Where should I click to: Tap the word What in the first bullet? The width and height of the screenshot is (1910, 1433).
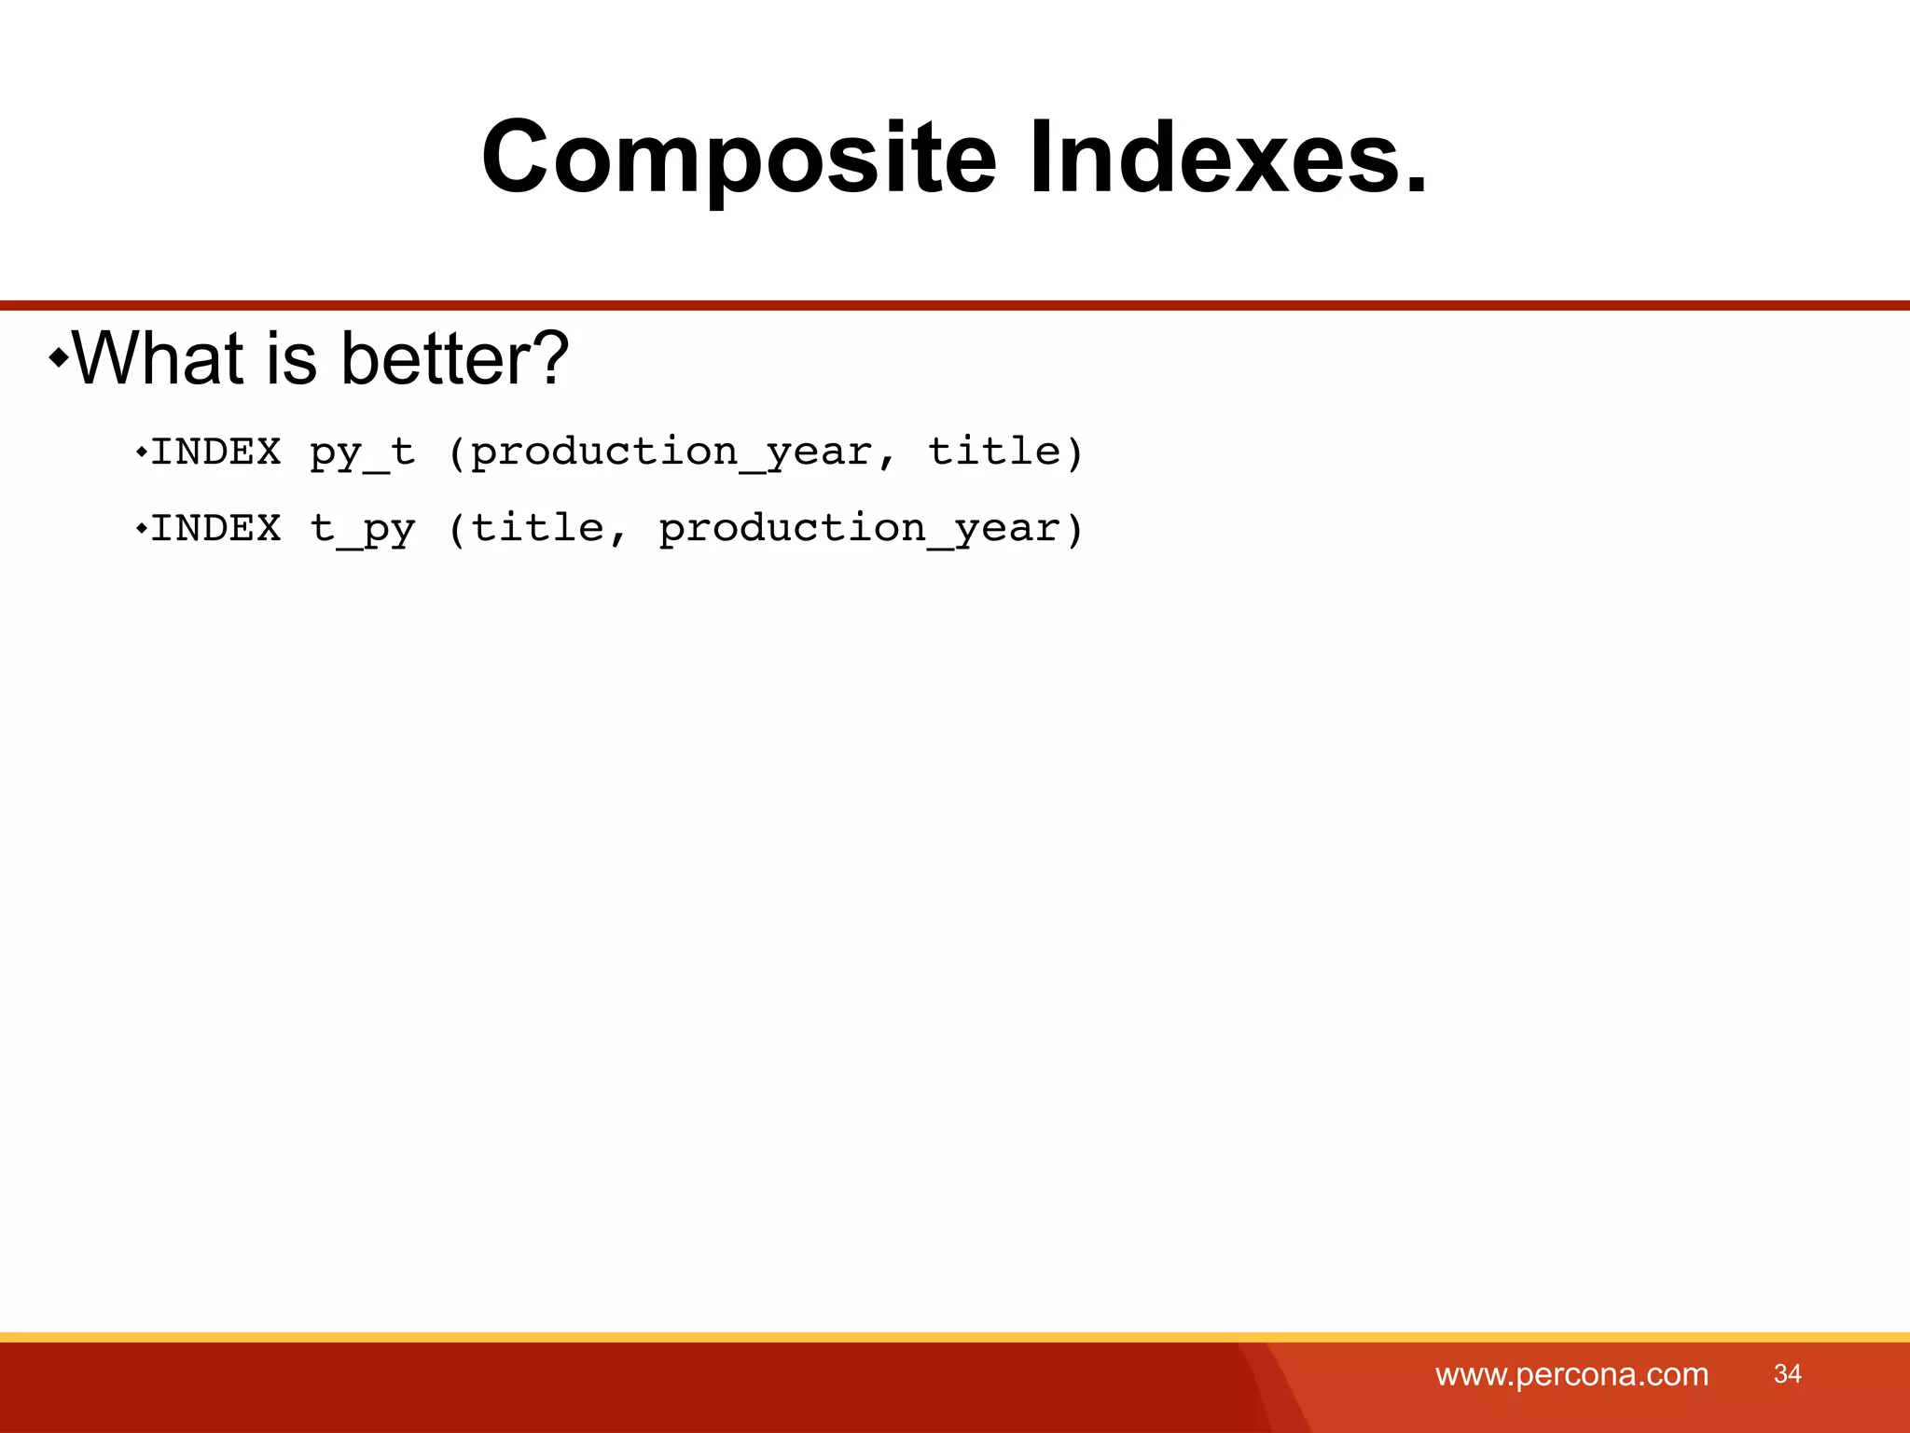158,358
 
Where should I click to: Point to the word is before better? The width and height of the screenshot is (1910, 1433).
291,358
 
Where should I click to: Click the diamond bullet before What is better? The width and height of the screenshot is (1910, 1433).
59,357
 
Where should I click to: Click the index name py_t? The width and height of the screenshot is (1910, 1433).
362,453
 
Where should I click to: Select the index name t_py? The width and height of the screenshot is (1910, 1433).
362,530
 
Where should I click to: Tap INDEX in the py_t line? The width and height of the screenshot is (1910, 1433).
215,453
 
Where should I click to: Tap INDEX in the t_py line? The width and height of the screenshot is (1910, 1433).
215,530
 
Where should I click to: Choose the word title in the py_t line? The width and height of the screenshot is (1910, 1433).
993,453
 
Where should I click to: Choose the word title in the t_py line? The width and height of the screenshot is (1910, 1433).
538,530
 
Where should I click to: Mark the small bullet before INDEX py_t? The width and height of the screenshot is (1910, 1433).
141,453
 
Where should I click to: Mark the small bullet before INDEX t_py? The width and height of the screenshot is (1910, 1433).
141,530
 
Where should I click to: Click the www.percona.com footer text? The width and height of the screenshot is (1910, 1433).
1571,1374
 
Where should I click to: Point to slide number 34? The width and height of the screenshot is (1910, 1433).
1787,1373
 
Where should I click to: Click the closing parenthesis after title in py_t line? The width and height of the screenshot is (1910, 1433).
1074,453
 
